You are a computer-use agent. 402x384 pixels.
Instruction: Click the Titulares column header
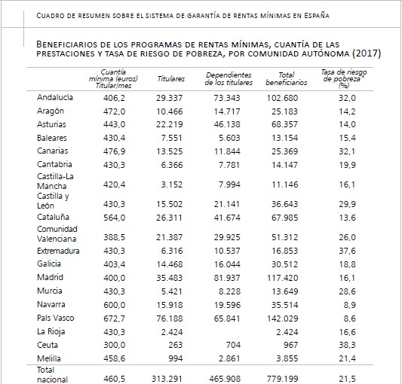click(171, 79)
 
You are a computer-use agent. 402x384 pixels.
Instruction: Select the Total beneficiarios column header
click(287, 79)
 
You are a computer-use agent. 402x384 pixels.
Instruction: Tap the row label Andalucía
click(55, 97)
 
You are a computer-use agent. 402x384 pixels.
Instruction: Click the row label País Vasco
click(55, 318)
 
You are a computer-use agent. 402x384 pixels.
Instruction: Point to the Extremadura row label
click(58, 251)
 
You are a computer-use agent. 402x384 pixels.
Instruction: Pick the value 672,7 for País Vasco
click(115, 318)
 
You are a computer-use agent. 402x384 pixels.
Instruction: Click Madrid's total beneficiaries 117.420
click(283, 278)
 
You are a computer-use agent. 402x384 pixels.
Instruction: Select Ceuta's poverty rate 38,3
click(348, 345)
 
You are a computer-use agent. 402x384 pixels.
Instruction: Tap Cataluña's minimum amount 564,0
click(115, 218)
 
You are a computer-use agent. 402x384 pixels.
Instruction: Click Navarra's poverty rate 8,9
click(350, 305)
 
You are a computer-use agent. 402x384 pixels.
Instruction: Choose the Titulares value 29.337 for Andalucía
click(170, 98)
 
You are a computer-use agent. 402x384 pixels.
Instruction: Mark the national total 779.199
click(283, 379)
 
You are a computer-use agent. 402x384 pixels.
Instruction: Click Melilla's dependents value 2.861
click(230, 358)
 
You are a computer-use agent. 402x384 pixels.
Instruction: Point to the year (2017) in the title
click(367, 53)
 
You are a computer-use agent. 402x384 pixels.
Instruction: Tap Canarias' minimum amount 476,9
click(115, 151)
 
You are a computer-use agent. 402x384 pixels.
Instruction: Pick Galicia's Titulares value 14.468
click(170, 264)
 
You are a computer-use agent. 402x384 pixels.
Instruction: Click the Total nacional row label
click(52, 375)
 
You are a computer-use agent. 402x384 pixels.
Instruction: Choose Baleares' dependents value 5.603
click(230, 139)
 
